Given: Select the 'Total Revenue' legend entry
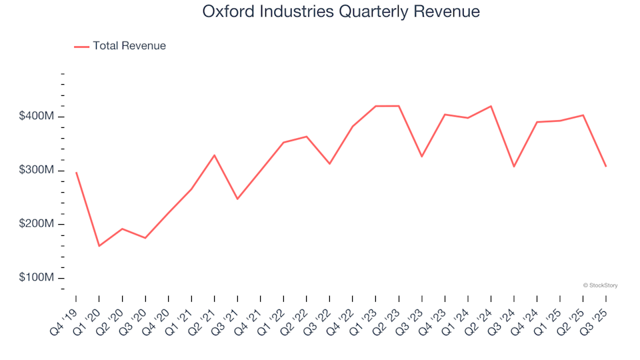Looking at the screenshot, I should point(129,46).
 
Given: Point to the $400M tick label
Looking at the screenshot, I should point(36,117).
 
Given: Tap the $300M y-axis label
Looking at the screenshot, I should point(36,171).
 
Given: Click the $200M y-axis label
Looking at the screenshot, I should point(36,224).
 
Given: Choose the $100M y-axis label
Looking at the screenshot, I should point(36,278).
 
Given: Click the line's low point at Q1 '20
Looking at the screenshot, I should point(99,246).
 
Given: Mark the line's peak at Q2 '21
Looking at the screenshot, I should point(214,155).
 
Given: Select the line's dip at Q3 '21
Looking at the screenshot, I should point(237,199).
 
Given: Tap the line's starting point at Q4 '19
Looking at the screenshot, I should point(76,172).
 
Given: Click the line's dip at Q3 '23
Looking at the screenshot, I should point(421,157).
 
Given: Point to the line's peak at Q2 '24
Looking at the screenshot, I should point(491,106).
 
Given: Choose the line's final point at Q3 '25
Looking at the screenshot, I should point(605,166).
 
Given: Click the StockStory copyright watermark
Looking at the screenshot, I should point(600,285).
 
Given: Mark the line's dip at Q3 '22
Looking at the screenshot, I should point(329,163).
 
